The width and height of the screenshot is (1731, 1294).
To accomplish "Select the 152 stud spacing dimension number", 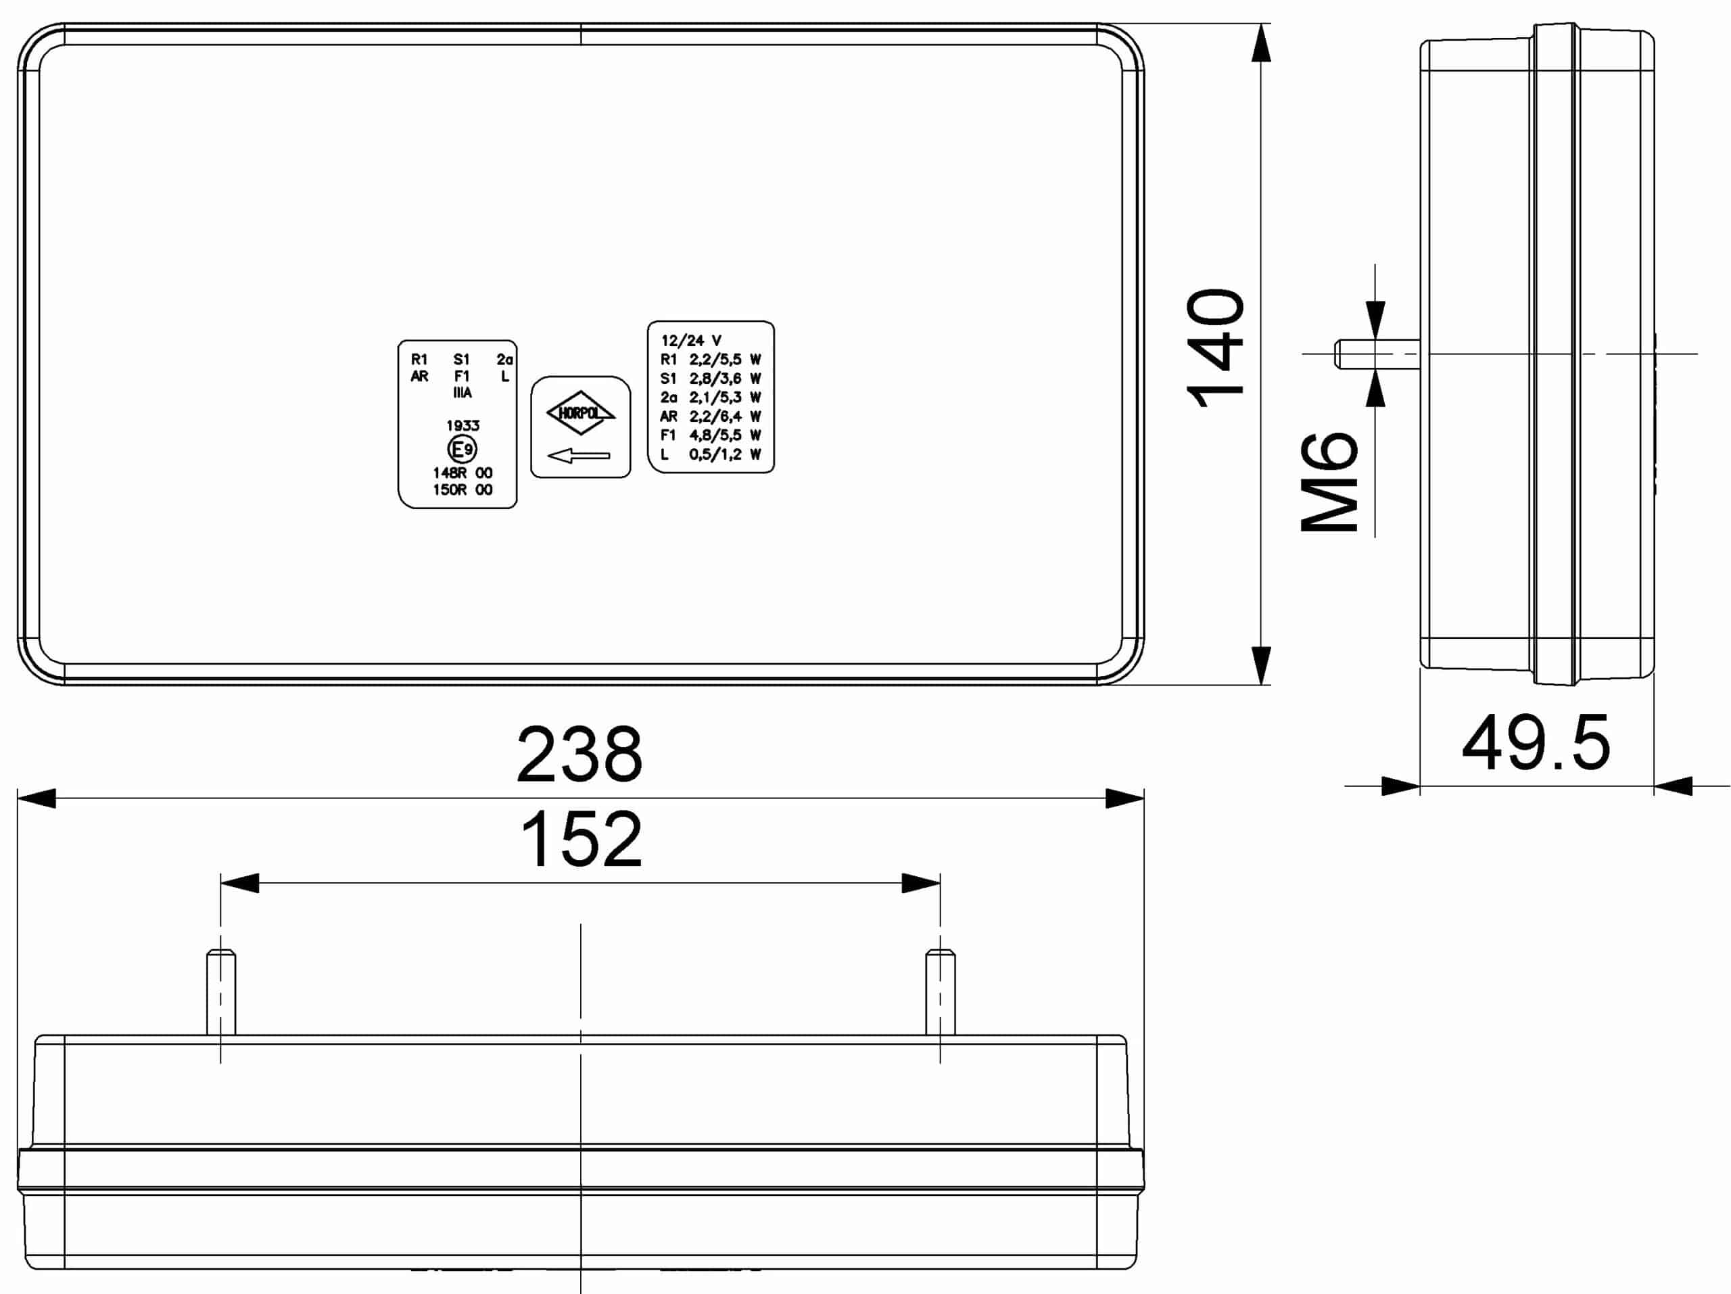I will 581,840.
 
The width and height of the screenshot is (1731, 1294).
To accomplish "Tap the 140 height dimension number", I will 1215,348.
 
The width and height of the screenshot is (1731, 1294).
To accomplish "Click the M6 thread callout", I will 1329,482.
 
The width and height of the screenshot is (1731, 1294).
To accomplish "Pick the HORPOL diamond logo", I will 581,412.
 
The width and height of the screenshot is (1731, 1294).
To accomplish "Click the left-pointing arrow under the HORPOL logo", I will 578,455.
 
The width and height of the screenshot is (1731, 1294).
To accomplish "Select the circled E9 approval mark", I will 462,449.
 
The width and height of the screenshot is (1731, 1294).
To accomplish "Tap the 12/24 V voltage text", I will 691,340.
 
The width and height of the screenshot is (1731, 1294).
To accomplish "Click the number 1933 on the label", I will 463,426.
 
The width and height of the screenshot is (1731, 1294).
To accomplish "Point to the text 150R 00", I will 463,489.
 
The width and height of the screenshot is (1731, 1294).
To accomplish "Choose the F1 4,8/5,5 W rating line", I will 711,435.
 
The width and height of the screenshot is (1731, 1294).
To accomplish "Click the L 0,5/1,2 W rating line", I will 711,454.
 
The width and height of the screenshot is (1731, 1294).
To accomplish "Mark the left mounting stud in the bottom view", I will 220,992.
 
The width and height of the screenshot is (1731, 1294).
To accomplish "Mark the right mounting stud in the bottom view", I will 940,992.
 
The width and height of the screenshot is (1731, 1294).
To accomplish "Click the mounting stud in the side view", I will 1377,354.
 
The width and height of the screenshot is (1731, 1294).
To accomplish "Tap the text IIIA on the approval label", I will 462,393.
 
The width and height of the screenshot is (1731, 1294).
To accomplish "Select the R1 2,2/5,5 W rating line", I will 711,360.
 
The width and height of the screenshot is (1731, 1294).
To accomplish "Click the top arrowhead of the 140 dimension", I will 1260,44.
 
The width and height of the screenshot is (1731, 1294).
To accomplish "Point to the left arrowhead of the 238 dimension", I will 36,798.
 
